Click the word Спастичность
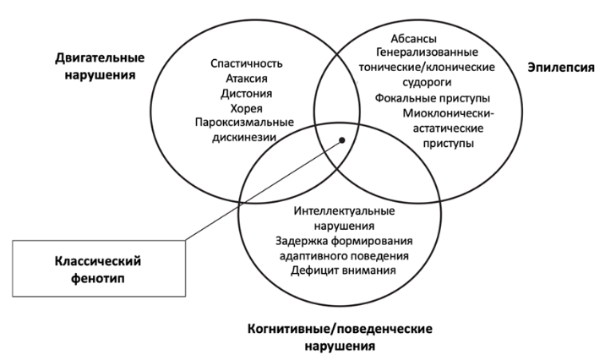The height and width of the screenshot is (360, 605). click(246, 63)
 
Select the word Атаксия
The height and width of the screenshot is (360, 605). click(246, 79)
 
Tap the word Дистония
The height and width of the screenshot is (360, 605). click(246, 94)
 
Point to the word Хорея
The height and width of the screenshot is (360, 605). click(246, 109)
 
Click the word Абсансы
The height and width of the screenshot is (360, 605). click(414, 39)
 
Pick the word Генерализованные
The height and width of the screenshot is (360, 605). click(427, 52)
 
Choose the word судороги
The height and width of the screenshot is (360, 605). click(427, 83)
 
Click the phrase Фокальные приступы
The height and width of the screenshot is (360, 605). click(433, 98)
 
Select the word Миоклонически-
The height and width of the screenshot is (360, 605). click(449, 113)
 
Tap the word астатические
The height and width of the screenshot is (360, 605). click(448, 128)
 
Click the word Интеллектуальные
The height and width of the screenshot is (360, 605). click(344, 211)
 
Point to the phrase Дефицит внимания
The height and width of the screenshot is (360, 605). click(343, 270)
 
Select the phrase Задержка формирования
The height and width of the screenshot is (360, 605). click(344, 241)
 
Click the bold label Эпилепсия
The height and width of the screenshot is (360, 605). click(560, 68)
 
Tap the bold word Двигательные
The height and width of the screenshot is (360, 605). click(100, 57)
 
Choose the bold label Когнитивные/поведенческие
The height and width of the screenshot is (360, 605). click(340, 329)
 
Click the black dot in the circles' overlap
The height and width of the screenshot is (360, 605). click(342, 140)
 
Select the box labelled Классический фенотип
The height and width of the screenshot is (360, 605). click(99, 269)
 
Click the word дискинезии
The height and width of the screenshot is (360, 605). click(244, 138)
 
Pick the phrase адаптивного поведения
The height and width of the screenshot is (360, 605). click(344, 256)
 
